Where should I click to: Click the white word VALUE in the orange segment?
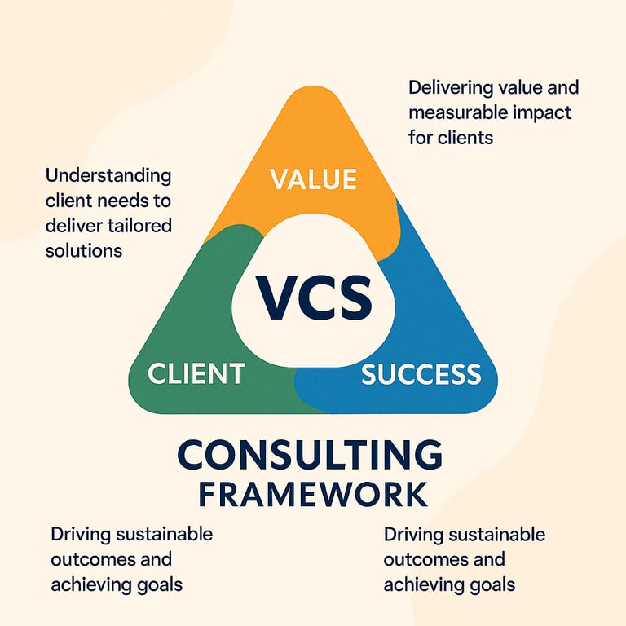pyautogui.click(x=313, y=179)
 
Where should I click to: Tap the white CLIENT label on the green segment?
pyautogui.click(x=196, y=373)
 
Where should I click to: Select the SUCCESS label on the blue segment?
pyautogui.click(x=421, y=374)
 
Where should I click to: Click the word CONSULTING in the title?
pyautogui.click(x=310, y=455)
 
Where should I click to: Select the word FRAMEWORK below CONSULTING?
pyautogui.click(x=312, y=495)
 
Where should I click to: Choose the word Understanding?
pyautogui.click(x=108, y=176)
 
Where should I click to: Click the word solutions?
pyautogui.click(x=84, y=250)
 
